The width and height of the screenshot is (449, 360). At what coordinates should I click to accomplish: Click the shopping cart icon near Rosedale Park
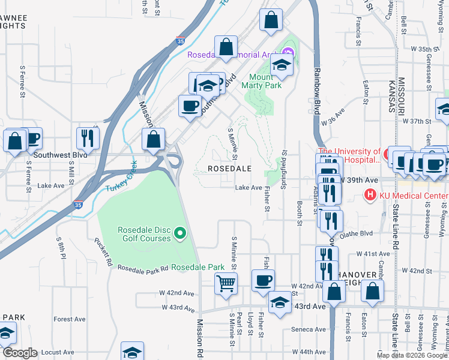[x=226, y=282]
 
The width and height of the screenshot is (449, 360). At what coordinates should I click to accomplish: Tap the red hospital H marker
[x=370, y=196]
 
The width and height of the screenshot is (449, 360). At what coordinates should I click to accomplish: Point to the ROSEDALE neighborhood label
[x=229, y=169]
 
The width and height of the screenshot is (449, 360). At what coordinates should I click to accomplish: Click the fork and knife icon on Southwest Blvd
[x=88, y=138]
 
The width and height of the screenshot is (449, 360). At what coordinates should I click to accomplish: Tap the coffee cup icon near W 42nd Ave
[x=262, y=280]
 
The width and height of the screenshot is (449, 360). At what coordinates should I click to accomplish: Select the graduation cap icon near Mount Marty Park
[x=280, y=64]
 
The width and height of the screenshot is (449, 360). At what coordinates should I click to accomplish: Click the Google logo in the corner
[x=20, y=353]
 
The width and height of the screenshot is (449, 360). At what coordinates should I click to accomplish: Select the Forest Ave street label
[x=67, y=319]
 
